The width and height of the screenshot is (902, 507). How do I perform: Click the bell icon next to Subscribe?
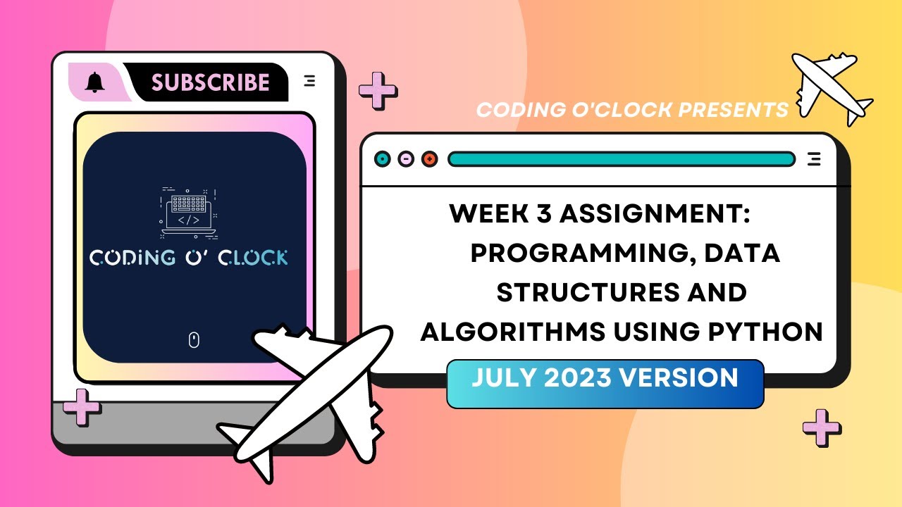94,82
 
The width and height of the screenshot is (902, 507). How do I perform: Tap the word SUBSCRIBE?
211,82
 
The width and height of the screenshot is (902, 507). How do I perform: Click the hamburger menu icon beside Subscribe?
309,81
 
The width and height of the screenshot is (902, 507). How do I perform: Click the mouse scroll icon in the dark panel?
194,341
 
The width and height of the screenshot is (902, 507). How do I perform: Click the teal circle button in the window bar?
383,159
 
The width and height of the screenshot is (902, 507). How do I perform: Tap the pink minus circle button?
406,159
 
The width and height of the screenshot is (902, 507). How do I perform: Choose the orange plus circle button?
429,159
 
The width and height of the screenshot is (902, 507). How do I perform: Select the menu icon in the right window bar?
814,159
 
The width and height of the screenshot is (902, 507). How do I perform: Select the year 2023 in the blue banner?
591,378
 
